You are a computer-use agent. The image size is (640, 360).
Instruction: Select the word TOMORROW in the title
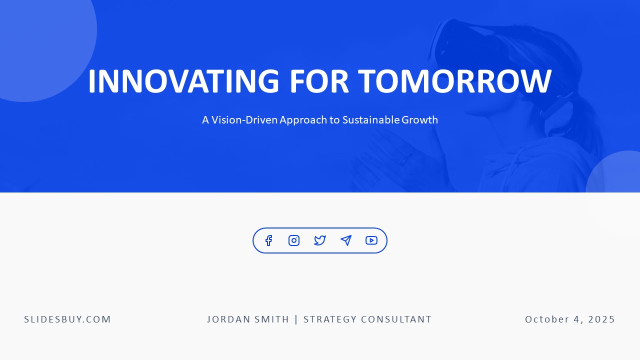click(x=454, y=81)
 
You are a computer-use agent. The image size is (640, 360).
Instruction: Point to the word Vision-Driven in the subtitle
click(x=244, y=120)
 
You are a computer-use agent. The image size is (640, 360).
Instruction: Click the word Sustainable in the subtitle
click(x=370, y=120)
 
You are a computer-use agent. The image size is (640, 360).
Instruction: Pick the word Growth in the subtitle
click(x=419, y=120)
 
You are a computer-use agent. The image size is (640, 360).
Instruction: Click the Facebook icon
click(x=268, y=240)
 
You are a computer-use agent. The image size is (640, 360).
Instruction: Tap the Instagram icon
click(x=294, y=240)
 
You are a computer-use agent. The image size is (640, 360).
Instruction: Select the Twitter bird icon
click(x=320, y=240)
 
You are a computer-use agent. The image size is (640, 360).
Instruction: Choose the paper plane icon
click(x=346, y=240)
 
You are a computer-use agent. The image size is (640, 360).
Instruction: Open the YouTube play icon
click(x=371, y=240)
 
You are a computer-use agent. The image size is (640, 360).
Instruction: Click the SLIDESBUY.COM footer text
click(x=67, y=319)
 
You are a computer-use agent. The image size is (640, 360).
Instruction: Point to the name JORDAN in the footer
click(x=226, y=319)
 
